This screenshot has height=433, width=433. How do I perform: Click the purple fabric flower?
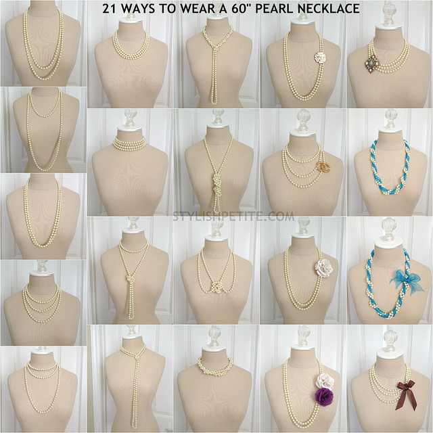[x=323, y=396]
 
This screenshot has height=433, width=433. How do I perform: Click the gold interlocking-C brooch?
[x=322, y=167]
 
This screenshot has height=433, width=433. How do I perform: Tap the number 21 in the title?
[x=109, y=9]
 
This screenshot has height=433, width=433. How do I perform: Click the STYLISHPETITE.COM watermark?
[x=233, y=216]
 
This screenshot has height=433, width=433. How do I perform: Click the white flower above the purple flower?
[x=325, y=380]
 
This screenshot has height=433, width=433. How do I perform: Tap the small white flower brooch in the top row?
[x=320, y=58]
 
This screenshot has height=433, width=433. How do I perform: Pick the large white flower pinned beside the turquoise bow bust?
[x=324, y=267]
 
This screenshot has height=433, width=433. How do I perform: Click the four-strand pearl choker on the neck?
[x=129, y=143]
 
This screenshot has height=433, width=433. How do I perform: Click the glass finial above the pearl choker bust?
[x=131, y=119]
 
